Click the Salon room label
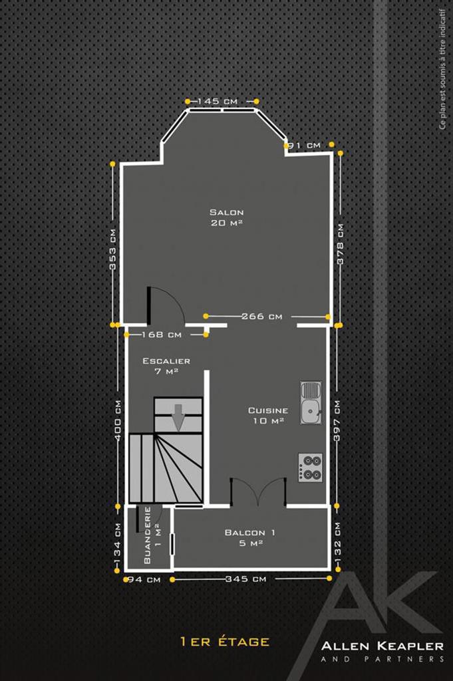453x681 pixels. pos(227,212)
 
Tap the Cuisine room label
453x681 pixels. pos(268,410)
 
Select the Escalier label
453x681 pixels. pos(166,361)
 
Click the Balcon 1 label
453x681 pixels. pos(249,533)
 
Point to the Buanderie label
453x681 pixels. pos(147,535)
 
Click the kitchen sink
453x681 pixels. pos(311,403)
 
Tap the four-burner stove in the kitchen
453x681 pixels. pos(311,468)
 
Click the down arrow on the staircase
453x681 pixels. pos(178,418)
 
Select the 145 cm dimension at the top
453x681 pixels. pos(218,101)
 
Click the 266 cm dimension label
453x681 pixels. pos(261,316)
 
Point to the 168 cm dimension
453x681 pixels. pos(162,335)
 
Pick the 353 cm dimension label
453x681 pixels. pos(113,250)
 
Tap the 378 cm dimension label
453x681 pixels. pos(340,244)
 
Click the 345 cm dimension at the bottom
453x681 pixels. pos(246,579)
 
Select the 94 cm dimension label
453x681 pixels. pos(144,580)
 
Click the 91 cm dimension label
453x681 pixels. pos(305,145)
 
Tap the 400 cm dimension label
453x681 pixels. pos(118,420)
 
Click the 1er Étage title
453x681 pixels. pos(225,642)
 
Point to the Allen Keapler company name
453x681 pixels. pos(382,646)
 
